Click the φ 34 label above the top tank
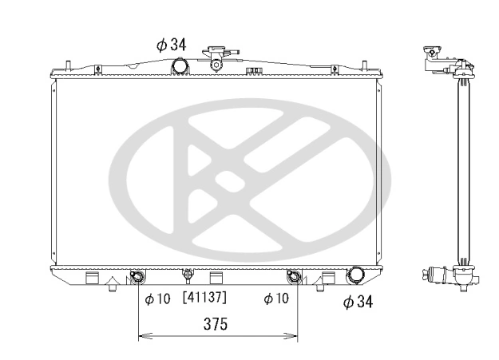point(171,45)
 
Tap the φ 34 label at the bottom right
point(358,302)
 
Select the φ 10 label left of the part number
point(157,299)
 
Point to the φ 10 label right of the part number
point(276,299)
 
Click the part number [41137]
point(204,297)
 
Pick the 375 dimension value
point(216,324)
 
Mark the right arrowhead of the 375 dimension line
point(291,335)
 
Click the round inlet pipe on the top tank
point(180,66)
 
